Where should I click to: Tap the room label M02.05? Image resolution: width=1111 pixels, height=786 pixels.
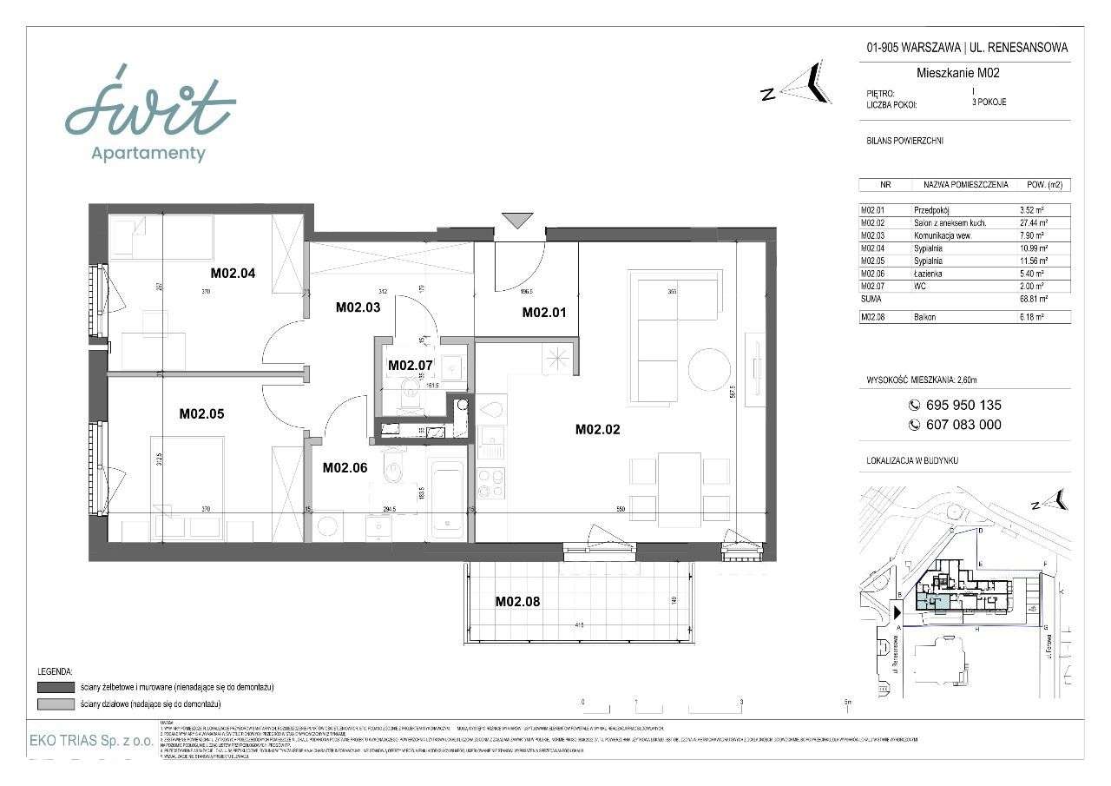coord(201,414)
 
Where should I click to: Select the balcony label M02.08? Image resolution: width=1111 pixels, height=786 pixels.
coord(518,601)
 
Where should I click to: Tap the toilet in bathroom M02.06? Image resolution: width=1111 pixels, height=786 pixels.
coord(395,470)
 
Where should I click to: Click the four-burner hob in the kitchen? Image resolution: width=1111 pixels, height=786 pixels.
coord(492,482)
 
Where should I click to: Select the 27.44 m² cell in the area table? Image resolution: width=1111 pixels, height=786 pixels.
coord(1034,222)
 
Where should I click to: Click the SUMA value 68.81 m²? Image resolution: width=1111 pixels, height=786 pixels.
coord(1033,298)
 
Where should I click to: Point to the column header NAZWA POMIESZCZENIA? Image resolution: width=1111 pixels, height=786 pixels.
coord(965,185)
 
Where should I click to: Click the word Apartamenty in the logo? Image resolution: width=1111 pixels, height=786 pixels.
coord(148,154)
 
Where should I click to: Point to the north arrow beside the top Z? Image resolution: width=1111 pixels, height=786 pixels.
coord(809,83)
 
